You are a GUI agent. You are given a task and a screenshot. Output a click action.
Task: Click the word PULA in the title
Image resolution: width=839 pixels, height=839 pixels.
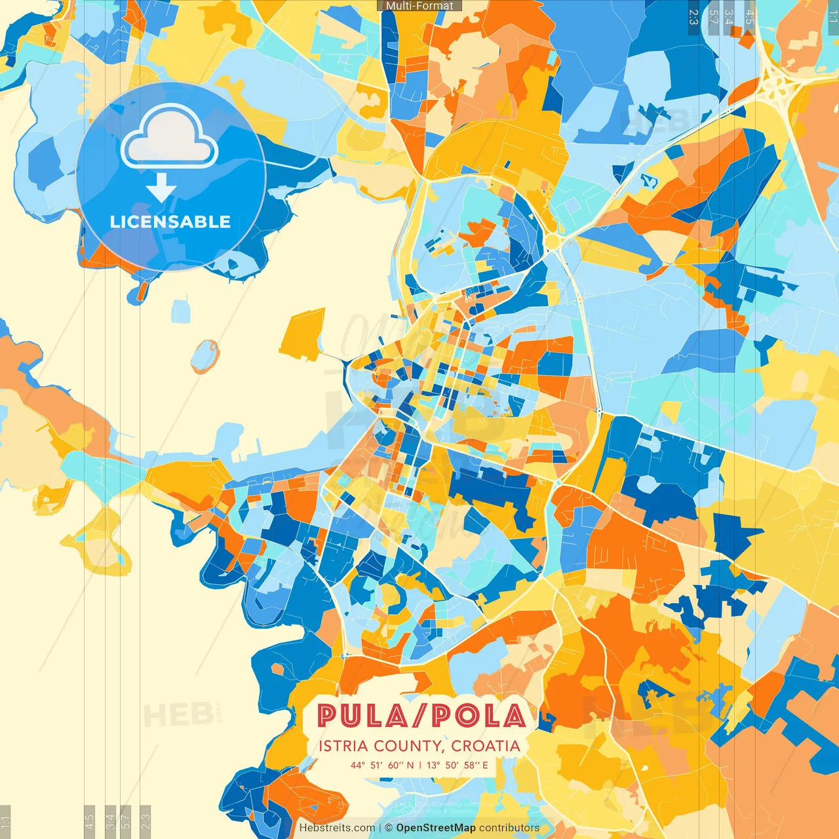[360, 716]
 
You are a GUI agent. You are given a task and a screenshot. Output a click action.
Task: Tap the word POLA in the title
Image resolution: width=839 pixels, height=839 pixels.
[478, 716]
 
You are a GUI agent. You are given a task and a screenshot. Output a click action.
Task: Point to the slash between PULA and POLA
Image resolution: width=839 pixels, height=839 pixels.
[419, 716]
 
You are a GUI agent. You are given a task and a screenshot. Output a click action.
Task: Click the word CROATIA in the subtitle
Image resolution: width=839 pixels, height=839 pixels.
[486, 746]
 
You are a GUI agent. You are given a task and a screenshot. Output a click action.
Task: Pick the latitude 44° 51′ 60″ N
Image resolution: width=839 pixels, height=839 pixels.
[382, 765]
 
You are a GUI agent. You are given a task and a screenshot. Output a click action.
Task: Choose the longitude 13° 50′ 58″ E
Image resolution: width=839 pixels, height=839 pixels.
[458, 765]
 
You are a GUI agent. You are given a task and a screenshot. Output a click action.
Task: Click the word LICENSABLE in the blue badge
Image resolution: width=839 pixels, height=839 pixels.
[170, 222]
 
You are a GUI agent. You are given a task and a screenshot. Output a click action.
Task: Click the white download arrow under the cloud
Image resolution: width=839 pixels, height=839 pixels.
[161, 189]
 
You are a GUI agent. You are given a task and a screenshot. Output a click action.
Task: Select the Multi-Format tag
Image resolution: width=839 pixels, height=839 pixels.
[419, 6]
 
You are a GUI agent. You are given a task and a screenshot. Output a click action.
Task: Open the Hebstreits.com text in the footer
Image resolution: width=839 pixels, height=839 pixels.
[337, 828]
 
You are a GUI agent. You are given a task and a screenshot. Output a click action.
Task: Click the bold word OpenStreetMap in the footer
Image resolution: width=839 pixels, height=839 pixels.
[436, 828]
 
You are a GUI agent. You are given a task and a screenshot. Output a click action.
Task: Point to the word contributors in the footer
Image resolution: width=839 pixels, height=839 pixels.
[509, 828]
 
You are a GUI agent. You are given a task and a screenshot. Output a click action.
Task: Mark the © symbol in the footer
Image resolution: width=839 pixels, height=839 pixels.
[389, 828]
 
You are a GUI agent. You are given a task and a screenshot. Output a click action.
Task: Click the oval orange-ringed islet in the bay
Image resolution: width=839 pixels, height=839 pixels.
[205, 356]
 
